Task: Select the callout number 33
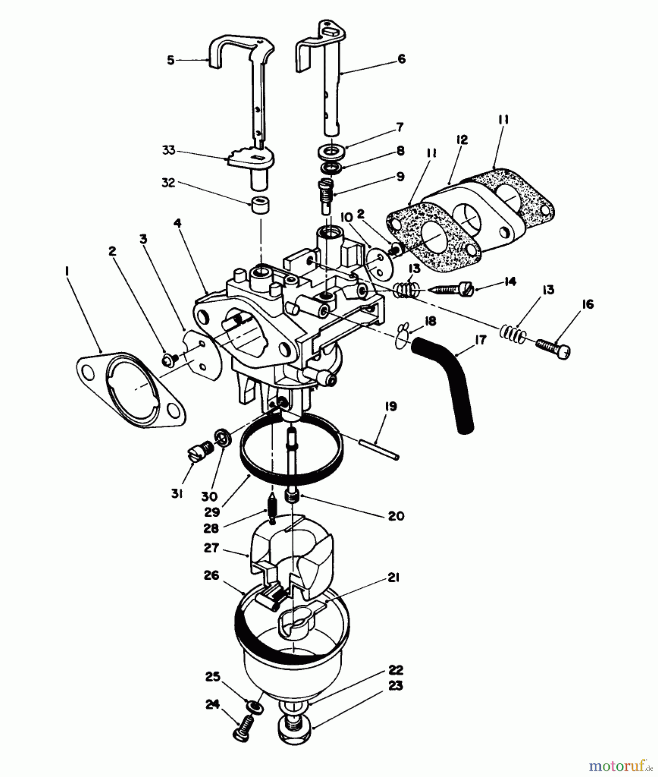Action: point(168,150)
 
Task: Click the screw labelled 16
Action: point(554,347)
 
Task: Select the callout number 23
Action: point(396,685)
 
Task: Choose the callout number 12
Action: point(461,139)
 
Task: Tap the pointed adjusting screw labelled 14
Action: point(452,289)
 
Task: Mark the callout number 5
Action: point(171,60)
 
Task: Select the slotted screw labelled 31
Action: point(201,452)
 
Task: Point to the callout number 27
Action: point(211,548)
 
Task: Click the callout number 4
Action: point(177,223)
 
